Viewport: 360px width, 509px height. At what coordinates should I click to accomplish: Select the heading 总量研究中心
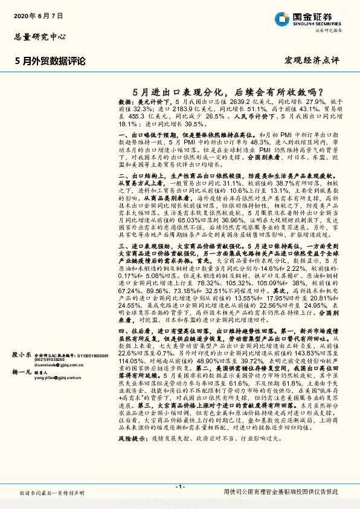pyautogui.click(x=40, y=36)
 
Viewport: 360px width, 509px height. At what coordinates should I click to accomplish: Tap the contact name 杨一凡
pyautogui.click(x=22, y=374)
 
